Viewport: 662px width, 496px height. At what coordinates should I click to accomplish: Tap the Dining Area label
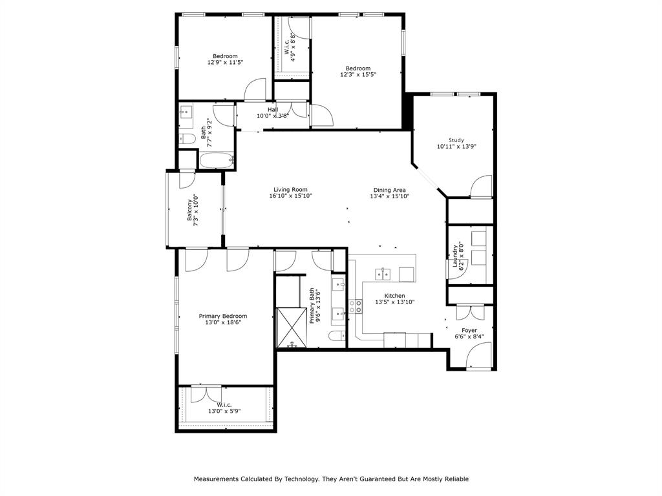(389, 190)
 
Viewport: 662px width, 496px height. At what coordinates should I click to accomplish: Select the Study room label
(457, 140)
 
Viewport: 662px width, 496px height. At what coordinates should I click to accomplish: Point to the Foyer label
(469, 330)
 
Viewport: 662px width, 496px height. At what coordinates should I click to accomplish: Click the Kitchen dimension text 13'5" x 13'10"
(394, 302)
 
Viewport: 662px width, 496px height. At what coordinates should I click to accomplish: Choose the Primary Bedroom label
(222, 316)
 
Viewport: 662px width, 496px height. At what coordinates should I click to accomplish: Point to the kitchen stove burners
(356, 307)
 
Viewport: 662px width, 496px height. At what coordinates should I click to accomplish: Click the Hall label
(272, 109)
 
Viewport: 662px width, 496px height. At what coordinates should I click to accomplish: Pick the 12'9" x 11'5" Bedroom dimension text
(225, 63)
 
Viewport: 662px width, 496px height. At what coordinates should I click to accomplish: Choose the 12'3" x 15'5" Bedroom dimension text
(358, 75)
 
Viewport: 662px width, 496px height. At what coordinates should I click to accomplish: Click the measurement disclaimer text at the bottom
(331, 479)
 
